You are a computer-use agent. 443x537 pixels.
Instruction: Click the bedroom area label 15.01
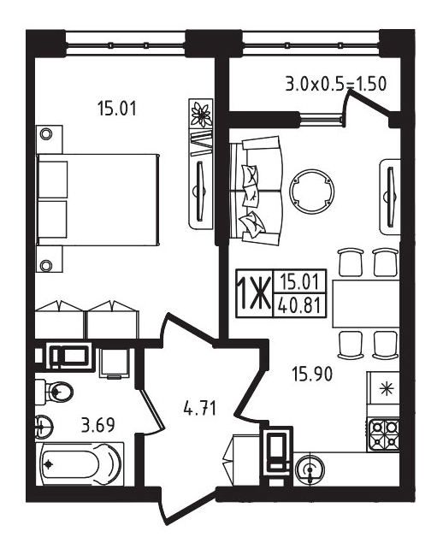point(117,109)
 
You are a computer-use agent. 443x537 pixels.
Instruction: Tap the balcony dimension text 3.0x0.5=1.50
point(336,84)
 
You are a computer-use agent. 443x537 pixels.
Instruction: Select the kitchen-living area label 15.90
point(312,374)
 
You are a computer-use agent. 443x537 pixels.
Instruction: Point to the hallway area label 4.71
point(200,408)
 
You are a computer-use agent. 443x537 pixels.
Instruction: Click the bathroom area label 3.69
point(98,425)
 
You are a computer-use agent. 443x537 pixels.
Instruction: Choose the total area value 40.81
point(299,305)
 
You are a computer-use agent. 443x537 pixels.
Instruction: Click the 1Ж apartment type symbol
point(254,293)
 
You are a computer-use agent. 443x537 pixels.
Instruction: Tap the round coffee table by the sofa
point(311,191)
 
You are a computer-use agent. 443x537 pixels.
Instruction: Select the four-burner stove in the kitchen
point(384,434)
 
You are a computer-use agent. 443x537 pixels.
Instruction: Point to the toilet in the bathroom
point(54,391)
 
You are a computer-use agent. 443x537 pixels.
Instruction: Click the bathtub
point(80,463)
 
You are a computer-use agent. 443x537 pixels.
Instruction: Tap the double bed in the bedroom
point(98,199)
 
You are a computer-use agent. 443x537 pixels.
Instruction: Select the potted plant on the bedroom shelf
point(201,114)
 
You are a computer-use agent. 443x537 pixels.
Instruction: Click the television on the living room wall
point(391,197)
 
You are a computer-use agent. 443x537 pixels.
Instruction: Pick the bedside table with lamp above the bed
point(50,139)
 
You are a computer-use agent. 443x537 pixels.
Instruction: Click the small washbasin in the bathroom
point(43,427)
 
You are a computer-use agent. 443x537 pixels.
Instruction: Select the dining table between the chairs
point(366,304)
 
